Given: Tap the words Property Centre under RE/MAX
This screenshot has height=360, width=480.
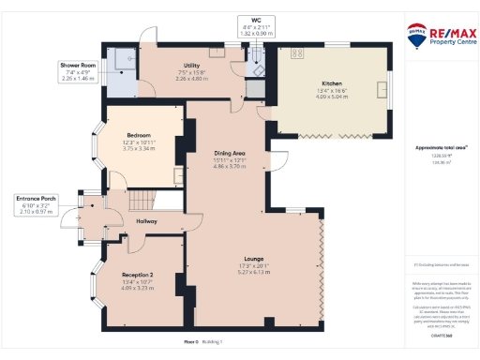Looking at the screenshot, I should click(448, 41).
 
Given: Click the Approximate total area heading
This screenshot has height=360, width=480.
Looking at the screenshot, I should click(442, 147).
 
